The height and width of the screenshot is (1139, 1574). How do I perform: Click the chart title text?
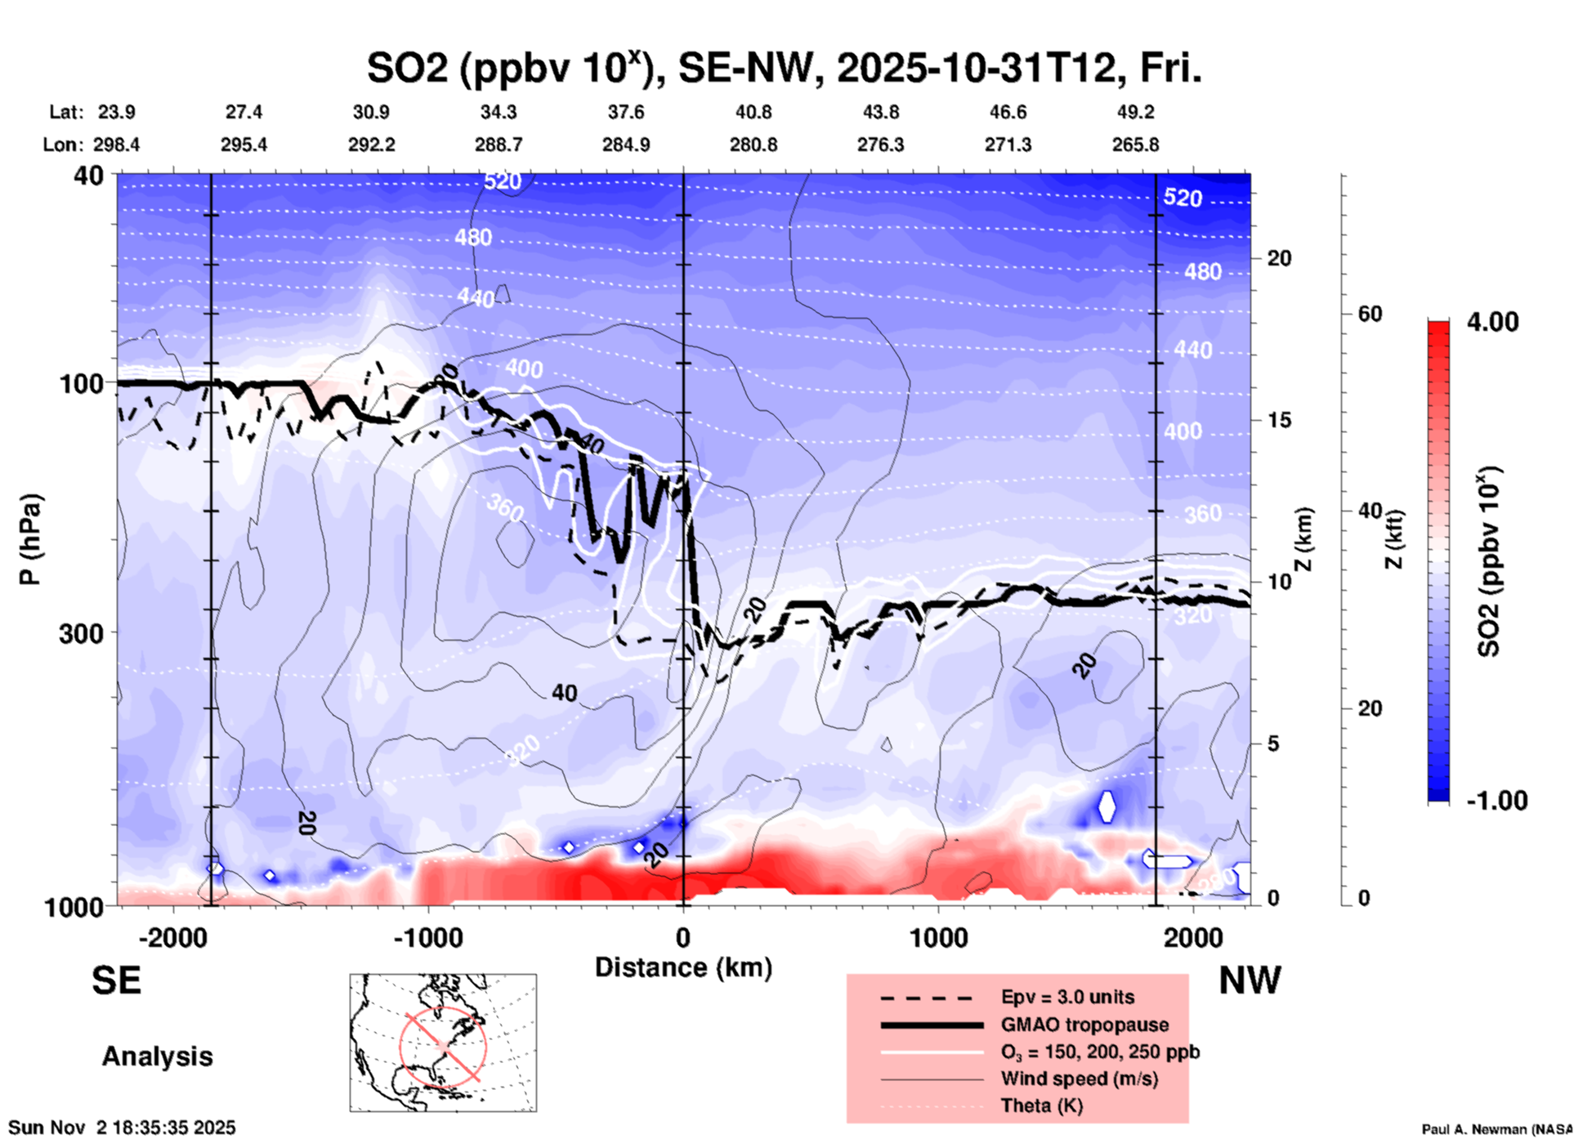tap(784, 69)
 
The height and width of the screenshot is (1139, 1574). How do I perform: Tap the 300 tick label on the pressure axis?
tap(81, 633)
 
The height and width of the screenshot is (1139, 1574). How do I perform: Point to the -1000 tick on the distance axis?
tap(428, 937)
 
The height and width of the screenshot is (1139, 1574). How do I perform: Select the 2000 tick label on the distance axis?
tap(1193, 937)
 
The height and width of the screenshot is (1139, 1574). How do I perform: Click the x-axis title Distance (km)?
tap(683, 967)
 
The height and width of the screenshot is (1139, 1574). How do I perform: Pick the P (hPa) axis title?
tap(30, 539)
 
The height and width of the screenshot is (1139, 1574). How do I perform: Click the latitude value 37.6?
tap(626, 112)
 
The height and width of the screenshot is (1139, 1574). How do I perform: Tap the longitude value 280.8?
tap(753, 145)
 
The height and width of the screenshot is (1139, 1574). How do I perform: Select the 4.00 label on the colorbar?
tap(1492, 322)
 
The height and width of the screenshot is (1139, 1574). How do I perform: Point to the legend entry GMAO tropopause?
tap(1084, 1025)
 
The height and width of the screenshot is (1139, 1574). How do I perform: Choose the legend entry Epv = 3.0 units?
tap(1067, 998)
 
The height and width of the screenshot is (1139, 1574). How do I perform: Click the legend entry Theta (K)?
tap(1041, 1105)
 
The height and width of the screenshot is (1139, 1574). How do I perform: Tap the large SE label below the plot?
tap(116, 980)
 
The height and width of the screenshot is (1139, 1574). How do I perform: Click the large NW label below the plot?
tap(1249, 980)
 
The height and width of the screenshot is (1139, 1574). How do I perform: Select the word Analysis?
tap(157, 1056)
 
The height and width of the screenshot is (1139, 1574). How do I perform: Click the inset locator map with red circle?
tap(443, 1043)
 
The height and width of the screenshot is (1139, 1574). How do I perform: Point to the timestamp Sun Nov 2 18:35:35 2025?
tap(122, 1128)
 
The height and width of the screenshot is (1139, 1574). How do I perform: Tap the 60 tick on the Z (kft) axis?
tap(1370, 314)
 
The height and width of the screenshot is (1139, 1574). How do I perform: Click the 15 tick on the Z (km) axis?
tap(1279, 420)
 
